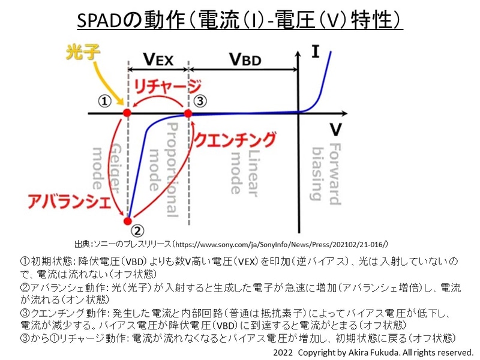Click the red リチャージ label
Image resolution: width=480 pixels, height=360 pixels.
[x=167, y=86]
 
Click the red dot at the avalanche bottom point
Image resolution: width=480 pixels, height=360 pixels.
[x=128, y=219]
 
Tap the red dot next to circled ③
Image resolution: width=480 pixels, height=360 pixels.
[x=188, y=113]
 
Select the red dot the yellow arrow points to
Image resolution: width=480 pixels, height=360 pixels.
[x=127, y=113]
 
